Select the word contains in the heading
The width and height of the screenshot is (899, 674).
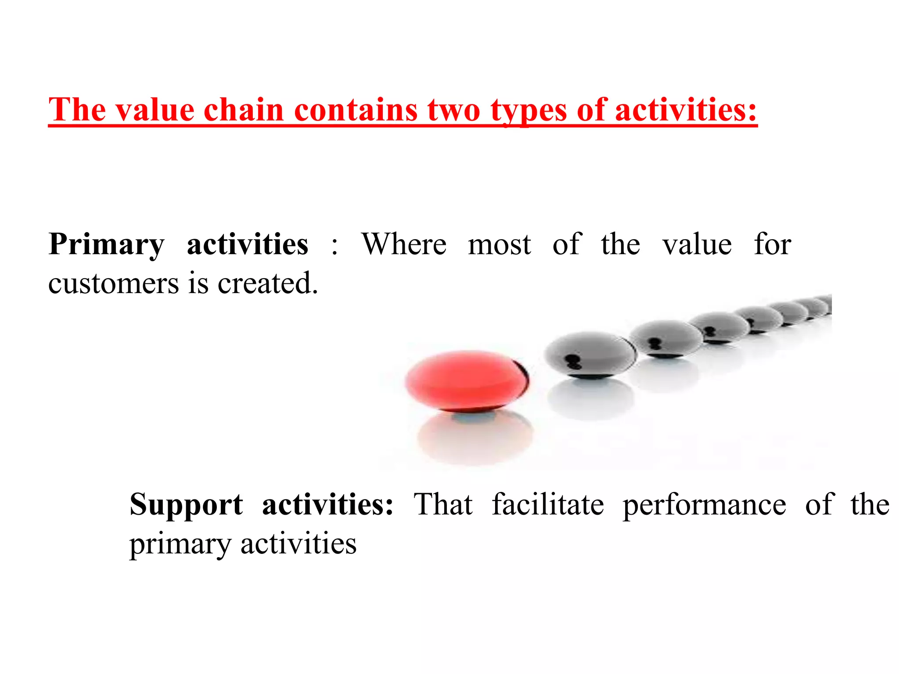click(x=356, y=110)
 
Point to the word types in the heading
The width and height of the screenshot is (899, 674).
click(x=529, y=111)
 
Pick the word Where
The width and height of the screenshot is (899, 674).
click(x=404, y=244)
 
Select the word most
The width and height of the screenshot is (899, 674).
click(x=500, y=245)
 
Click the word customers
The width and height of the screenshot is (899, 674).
click(x=113, y=283)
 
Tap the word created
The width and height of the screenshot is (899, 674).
click(x=268, y=283)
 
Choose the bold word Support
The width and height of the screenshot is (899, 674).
click(x=186, y=505)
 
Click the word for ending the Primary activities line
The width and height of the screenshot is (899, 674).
click(x=773, y=244)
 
